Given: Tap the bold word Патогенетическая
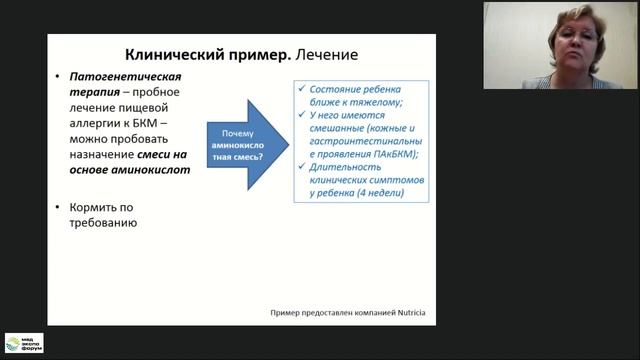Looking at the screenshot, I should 126,77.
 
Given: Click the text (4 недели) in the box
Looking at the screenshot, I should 377,194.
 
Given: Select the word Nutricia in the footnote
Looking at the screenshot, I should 405,313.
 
